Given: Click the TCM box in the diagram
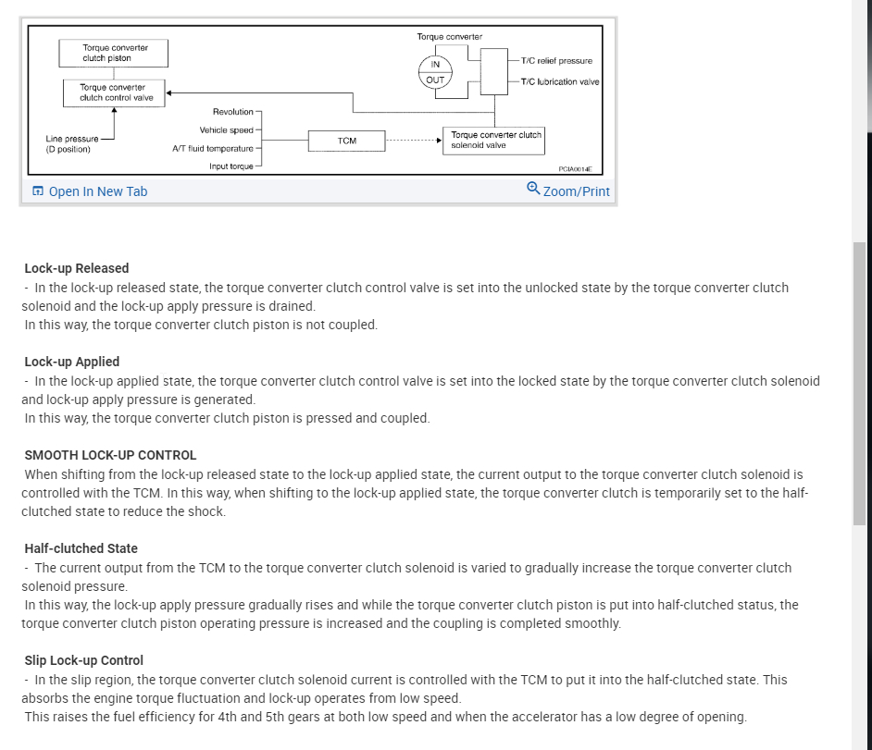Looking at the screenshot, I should pos(347,141).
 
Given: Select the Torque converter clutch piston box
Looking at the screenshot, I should pos(114,53).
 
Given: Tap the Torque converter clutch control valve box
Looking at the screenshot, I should pos(115,92).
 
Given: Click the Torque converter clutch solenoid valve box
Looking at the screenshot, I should pos(493,140).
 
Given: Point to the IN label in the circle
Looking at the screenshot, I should pos(435,64).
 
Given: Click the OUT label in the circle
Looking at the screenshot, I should pos(435,80).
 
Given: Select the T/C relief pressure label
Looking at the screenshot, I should pos(556,61).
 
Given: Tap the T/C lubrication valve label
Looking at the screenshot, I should pos(560,81).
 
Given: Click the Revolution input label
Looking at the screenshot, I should pos(232,112).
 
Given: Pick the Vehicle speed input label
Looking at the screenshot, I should pos(226,130).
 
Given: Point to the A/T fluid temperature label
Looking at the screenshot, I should pos(212,148).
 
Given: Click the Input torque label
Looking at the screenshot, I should pos(230,166).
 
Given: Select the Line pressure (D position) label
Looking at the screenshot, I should pos(71,143).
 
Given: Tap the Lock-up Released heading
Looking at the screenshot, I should pos(77,268).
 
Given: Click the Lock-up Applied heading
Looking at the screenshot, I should pos(72,362).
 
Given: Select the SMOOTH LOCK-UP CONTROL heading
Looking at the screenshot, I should pos(110,455).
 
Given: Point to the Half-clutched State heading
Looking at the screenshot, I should pos(81,548).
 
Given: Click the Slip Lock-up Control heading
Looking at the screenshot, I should pos(84,660).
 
